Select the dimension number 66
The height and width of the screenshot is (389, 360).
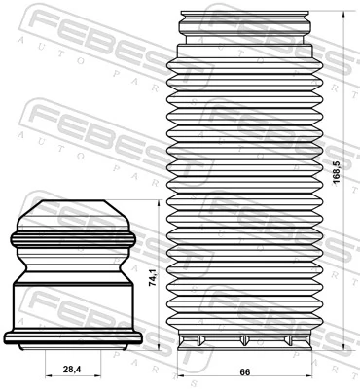click(246, 371)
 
